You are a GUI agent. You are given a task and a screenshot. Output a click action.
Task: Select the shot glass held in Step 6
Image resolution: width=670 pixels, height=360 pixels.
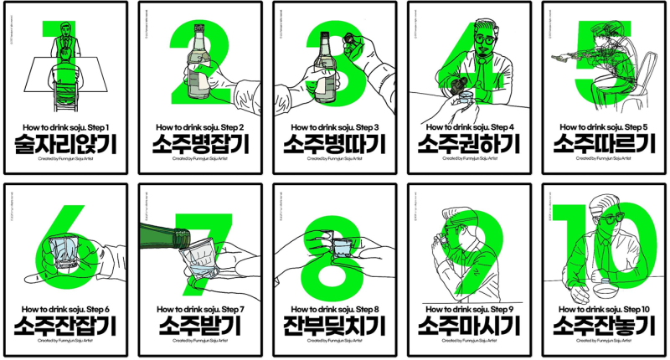point(63,247)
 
